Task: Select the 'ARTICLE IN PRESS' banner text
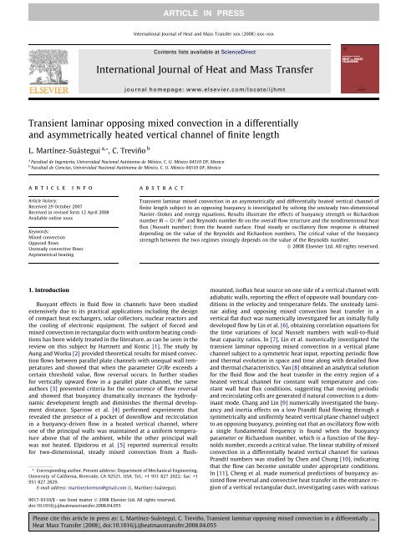(200, 6)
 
